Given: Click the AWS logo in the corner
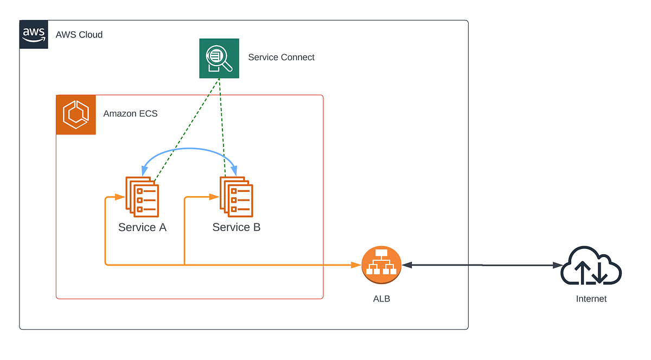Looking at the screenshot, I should tap(34, 35).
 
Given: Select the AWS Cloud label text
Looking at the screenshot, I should tap(79, 35).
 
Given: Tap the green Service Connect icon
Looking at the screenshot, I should tap(219, 58).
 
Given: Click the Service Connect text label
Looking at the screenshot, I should tap(281, 57).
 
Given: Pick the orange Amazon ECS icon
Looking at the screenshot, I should tap(76, 115).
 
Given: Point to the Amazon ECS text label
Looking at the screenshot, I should tap(130, 114).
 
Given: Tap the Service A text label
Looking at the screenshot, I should tap(142, 227).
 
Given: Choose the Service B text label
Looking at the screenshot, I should tap(236, 227).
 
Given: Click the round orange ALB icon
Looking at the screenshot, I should tap(381, 265).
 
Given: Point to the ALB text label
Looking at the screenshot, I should tap(381, 299).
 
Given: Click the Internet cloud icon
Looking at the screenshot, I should tap(591, 266).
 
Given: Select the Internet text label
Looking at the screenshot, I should tap(591, 299).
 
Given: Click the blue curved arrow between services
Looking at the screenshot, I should tap(188, 149).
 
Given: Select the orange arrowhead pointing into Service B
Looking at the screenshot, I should tap(213, 198).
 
